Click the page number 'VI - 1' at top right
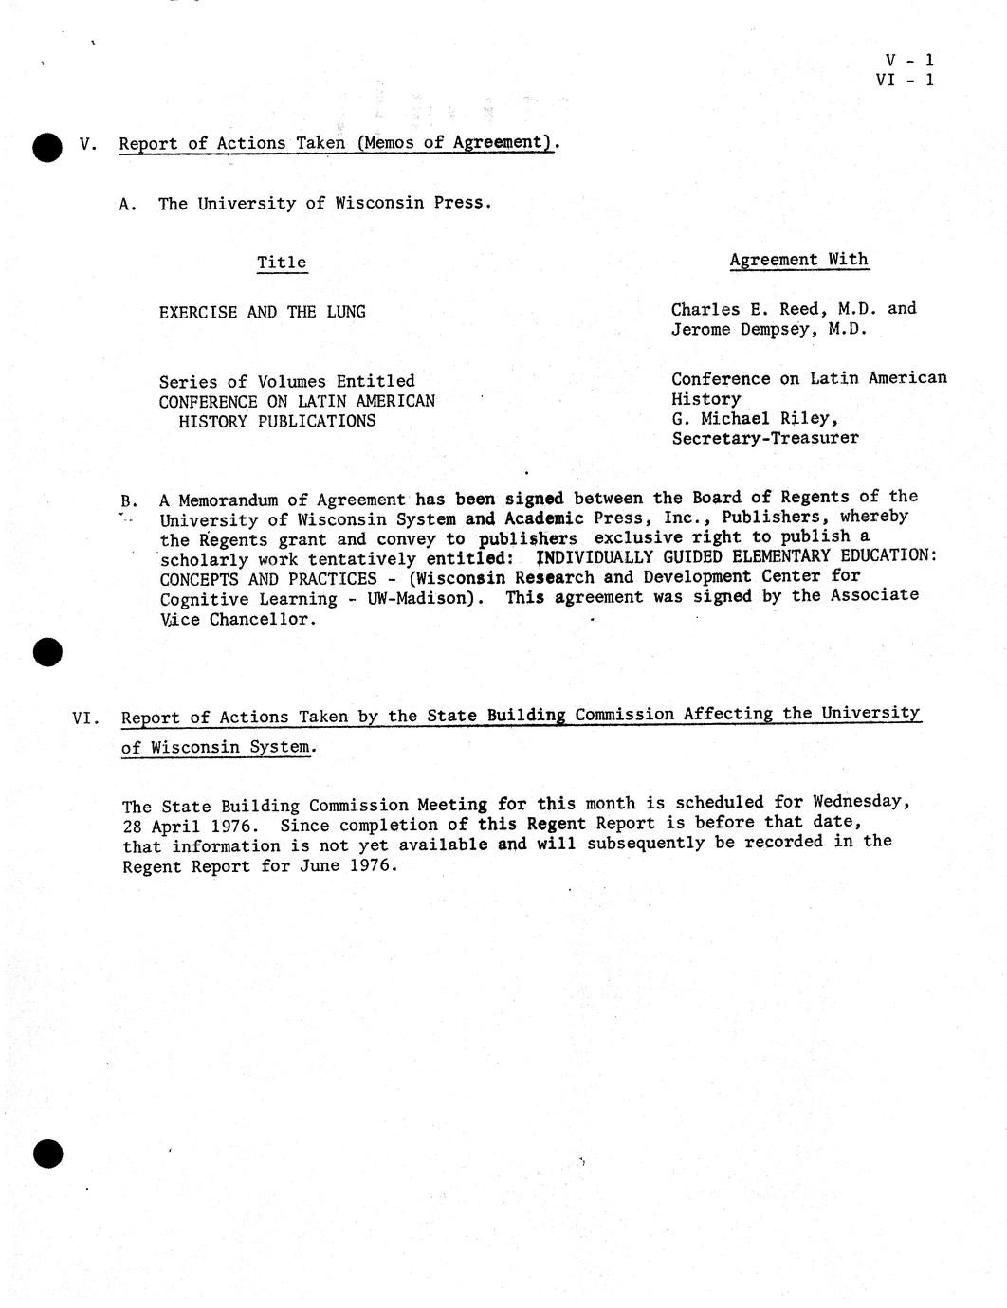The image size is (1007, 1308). [x=905, y=80]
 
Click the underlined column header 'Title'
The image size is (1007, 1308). [x=282, y=263]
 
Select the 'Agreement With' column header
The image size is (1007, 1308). [x=798, y=260]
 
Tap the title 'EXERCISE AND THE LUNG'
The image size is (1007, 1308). [x=262, y=312]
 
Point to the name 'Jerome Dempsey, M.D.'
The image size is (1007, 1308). [x=769, y=330]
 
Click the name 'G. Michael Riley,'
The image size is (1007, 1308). [x=755, y=418]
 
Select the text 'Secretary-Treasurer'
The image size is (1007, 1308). [x=765, y=438]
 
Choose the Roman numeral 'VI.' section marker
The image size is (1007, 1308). [x=85, y=718]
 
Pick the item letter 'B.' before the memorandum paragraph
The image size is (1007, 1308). [x=130, y=500]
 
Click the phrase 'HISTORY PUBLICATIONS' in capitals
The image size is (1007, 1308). [x=277, y=421]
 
